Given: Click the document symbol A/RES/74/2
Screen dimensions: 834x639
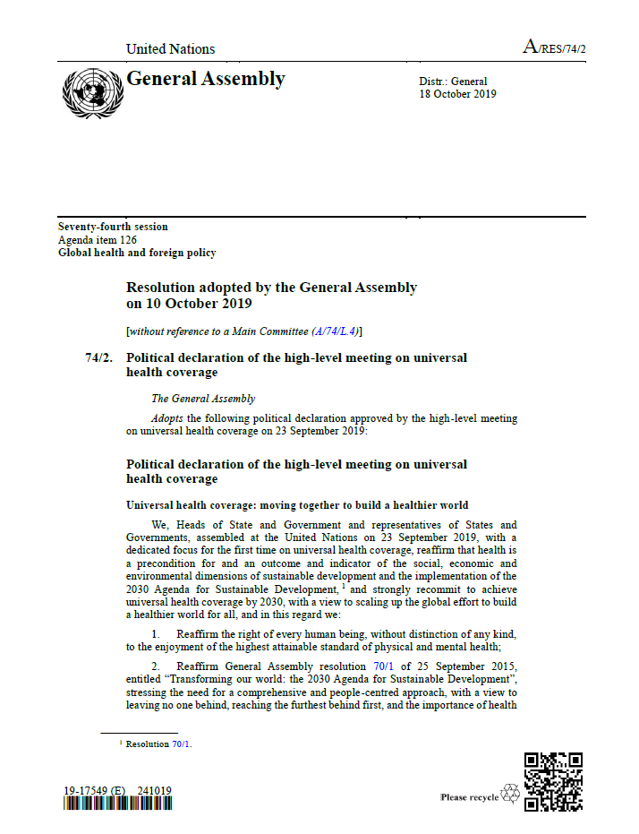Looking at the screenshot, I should tap(554, 47).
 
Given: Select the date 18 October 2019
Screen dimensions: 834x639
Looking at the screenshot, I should tap(457, 94).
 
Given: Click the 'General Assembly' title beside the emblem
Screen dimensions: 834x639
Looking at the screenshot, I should tap(206, 79).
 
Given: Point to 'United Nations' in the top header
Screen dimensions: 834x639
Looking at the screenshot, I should tap(170, 49).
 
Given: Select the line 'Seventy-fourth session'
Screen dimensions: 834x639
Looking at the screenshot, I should tap(113, 227).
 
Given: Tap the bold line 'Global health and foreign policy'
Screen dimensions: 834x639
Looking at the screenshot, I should tap(137, 253).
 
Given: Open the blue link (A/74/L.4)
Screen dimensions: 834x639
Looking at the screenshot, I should tap(335, 331).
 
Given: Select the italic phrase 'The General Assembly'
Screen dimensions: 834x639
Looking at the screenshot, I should tap(203, 399).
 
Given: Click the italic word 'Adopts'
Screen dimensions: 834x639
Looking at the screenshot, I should tap(166, 417).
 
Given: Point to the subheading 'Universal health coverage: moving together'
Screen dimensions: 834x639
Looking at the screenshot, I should tap(297, 505).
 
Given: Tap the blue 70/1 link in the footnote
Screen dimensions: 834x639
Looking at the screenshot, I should tap(181, 744).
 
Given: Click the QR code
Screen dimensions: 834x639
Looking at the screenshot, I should tap(553, 781).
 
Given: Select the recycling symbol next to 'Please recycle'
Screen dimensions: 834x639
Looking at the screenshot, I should tap(510, 793).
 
